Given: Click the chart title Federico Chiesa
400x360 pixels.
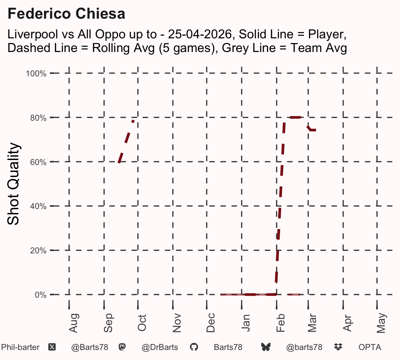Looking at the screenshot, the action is pyautogui.click(x=66, y=14).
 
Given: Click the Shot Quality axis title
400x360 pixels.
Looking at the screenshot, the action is pyautogui.click(x=13, y=184).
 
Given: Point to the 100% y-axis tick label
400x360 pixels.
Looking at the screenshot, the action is pyautogui.click(x=36, y=74).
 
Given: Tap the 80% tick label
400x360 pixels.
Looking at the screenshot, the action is pyautogui.click(x=38, y=118).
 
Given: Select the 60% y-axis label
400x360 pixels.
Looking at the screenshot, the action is pyautogui.click(x=38, y=162).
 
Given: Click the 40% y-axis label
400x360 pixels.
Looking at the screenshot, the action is pyautogui.click(x=38, y=206).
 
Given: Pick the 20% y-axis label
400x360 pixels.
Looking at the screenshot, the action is pyautogui.click(x=38, y=251).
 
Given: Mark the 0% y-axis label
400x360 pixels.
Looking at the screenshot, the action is pyautogui.click(x=40, y=295).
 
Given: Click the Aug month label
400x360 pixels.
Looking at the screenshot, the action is pyautogui.click(x=73, y=323).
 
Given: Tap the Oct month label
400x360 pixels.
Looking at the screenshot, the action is pyautogui.click(x=142, y=323).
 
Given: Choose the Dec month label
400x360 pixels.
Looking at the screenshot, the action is pyautogui.click(x=211, y=323).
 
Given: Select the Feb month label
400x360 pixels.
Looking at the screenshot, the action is pyautogui.click(x=280, y=323).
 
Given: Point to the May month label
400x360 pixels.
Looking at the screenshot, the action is pyautogui.click(x=381, y=323).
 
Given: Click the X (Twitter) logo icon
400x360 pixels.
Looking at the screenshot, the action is pyautogui.click(x=52, y=347).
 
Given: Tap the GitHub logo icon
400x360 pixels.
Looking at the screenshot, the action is pyautogui.click(x=194, y=347).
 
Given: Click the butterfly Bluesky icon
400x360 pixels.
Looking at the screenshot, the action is pyautogui.click(x=266, y=347).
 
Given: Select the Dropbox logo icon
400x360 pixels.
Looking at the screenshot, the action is pyautogui.click(x=338, y=347).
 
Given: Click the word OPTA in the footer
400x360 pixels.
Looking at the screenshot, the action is pyautogui.click(x=370, y=347).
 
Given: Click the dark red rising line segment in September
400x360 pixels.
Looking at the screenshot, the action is pyautogui.click(x=126, y=142).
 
